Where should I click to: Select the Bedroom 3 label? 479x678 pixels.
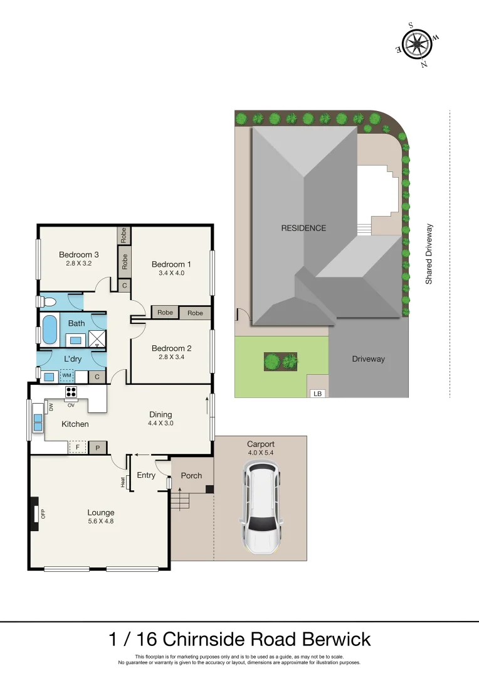(x=79, y=254)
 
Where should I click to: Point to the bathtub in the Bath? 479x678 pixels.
(x=50, y=329)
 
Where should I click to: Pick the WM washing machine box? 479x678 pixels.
(x=66, y=375)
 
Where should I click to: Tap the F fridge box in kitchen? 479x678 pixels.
(x=78, y=447)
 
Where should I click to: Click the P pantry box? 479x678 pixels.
(x=97, y=447)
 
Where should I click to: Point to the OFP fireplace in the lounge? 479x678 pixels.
(x=33, y=513)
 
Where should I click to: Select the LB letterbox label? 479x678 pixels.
(x=317, y=393)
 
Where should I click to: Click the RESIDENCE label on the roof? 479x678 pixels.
(x=303, y=228)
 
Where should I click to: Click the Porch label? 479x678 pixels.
(x=191, y=475)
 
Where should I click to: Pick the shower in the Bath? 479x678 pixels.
(x=97, y=340)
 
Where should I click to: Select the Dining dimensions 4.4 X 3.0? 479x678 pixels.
(x=161, y=423)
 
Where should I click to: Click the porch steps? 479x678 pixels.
(x=179, y=501)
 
